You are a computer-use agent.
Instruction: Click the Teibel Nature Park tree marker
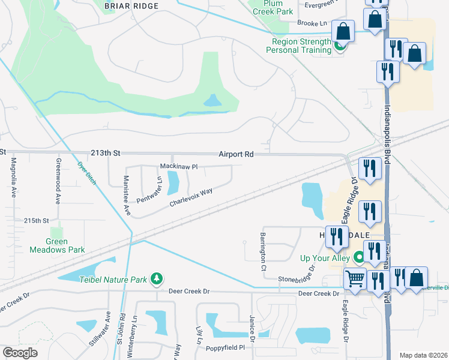pos(157,278)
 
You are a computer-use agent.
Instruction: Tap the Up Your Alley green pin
pos(360,257)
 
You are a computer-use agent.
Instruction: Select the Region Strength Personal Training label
pos(301,46)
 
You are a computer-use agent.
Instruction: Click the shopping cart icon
pos(355,279)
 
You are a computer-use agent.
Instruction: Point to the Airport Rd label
pos(236,154)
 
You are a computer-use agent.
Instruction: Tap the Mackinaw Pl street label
pos(178,166)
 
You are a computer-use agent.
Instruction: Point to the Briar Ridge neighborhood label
pos(131,6)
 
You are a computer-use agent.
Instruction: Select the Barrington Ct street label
pos(263,251)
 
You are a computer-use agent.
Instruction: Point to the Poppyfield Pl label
pos(226,347)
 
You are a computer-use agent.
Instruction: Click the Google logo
pos(20,353)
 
